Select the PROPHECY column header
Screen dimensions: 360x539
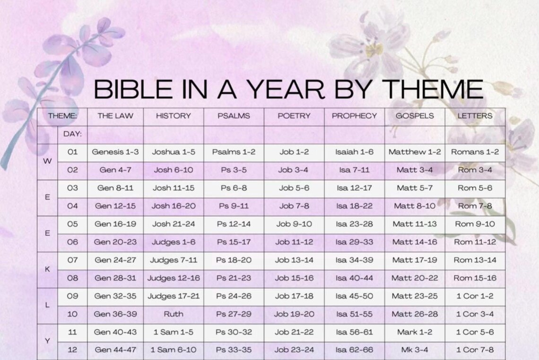pos(354,115)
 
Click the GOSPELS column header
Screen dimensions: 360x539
pos(414,115)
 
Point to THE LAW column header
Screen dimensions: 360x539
pos(115,115)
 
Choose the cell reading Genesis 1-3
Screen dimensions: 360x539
pos(115,152)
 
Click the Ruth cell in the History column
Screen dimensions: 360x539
pos(174,314)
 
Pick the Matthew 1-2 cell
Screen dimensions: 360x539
pos(414,152)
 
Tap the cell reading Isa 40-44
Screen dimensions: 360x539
pos(354,278)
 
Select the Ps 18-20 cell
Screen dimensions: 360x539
pos(234,260)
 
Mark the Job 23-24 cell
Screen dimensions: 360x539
pos(294,350)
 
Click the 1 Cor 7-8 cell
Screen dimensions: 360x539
pos(475,350)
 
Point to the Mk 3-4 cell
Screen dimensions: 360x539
pos(414,350)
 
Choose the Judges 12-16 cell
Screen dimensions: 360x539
pos(174,278)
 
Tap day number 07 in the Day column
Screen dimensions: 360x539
pos(72,260)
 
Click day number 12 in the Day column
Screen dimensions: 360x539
pos(72,350)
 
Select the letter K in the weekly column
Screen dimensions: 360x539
pos(47,269)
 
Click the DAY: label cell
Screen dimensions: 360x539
pos(72,134)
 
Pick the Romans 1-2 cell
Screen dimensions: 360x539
pos(475,152)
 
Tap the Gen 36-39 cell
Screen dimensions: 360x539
pos(115,314)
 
